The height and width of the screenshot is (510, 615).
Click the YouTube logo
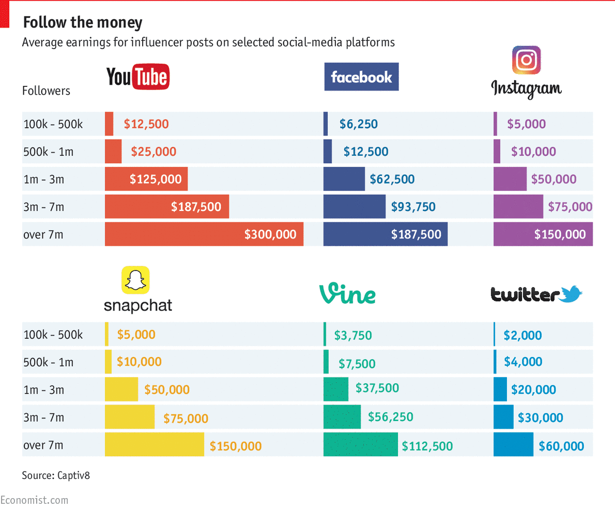pos(138,77)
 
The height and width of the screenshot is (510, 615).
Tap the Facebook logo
pos(361,77)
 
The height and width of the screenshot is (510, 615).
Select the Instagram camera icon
pos(526,60)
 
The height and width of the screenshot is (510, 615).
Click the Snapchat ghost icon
pos(135,280)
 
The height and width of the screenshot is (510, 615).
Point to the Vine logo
pos(347,294)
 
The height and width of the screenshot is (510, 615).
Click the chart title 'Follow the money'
pos(83,23)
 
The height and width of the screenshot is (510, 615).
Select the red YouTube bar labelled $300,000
pos(204,234)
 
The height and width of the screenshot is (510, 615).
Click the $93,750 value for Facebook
pos(413,207)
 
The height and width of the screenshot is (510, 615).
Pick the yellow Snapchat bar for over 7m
pos(154,445)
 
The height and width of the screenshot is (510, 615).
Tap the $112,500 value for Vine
pos(427,446)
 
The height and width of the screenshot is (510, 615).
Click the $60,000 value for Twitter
pos(561,446)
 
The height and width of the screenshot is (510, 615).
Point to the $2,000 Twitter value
pos(522,335)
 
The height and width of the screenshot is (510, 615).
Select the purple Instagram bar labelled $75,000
pos(518,207)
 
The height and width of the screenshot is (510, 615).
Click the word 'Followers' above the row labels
pos(46,91)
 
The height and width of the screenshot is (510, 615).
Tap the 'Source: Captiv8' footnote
pos(56,475)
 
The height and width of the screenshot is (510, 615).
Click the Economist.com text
pos(34,500)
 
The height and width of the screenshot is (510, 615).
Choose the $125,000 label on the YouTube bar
pos(156,179)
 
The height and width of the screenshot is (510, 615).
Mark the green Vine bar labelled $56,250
pos(342,417)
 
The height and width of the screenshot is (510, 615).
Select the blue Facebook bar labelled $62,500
pos(344,179)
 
